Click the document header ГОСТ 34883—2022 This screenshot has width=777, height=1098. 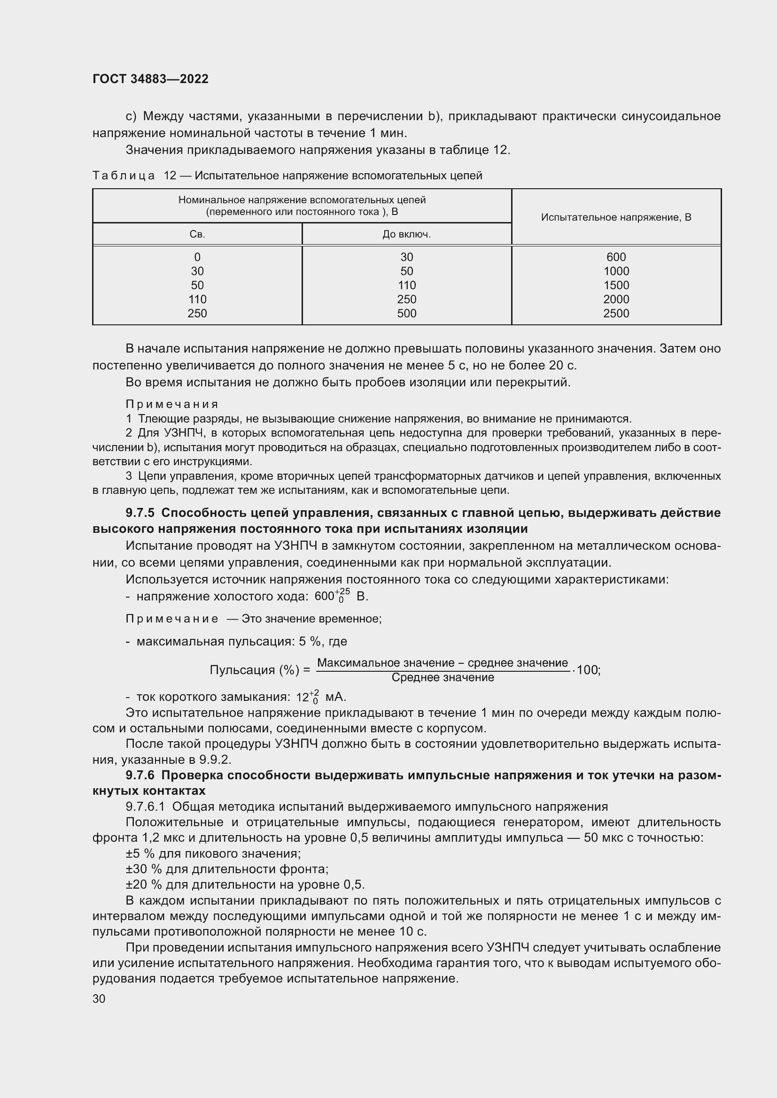tap(150, 79)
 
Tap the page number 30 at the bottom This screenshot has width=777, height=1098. tap(99, 998)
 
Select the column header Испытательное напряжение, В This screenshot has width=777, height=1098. tap(616, 217)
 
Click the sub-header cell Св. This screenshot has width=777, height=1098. tap(197, 234)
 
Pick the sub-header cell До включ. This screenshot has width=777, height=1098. tap(406, 234)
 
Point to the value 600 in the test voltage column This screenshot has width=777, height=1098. tap(616, 257)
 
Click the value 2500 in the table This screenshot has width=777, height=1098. tap(616, 314)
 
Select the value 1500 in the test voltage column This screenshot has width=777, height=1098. tap(616, 285)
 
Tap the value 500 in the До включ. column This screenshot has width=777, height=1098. tap(406, 314)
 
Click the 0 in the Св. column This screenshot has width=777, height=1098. tap(197, 257)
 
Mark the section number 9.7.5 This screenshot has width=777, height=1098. tap(140, 513)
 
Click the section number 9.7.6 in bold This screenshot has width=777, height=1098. tap(140, 775)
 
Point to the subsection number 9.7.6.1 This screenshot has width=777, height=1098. tap(145, 807)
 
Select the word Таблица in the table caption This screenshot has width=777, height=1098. tap(124, 176)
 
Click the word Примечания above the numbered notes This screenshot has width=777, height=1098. tap(172, 405)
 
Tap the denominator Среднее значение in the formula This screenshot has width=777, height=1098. tap(443, 678)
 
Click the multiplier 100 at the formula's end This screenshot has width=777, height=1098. tap(588, 670)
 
